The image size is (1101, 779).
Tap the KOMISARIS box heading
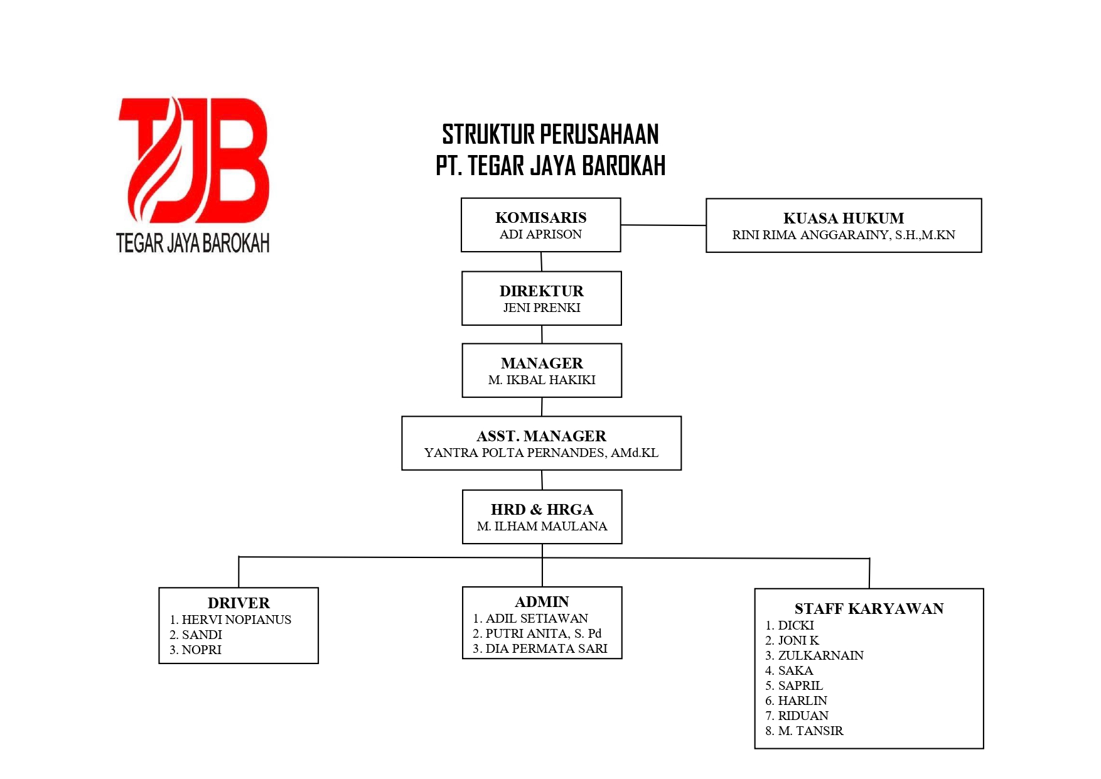click(540, 218)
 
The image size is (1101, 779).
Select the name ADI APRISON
click(540, 235)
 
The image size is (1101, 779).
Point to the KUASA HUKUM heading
click(843, 218)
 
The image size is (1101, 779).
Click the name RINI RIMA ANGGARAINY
click(810, 235)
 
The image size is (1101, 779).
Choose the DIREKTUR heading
click(541, 291)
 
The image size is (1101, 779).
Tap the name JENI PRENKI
click(541, 308)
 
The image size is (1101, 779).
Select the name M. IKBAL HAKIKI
click(541, 380)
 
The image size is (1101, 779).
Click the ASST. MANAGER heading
click(541, 436)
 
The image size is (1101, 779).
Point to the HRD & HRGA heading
click(542, 510)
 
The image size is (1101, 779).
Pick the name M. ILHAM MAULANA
click(542, 527)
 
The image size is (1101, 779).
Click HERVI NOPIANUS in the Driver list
click(236, 620)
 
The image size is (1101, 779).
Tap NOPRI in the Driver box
click(201, 650)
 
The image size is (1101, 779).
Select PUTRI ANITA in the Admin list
click(527, 634)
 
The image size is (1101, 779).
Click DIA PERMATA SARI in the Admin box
click(546, 649)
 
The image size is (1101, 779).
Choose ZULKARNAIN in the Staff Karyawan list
click(820, 656)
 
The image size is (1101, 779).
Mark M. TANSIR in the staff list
click(810, 731)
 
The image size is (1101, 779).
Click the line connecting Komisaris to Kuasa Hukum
click(663, 225)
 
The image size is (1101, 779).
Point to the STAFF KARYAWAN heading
click(869, 609)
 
